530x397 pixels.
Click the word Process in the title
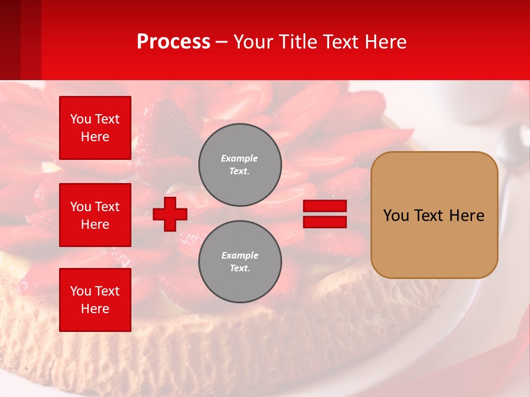(x=173, y=41)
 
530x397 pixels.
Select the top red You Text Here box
(x=95, y=128)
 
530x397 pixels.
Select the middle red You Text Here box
(x=95, y=215)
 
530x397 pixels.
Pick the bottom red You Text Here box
(x=95, y=300)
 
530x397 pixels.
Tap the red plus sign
(x=170, y=214)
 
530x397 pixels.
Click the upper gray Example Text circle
(x=240, y=165)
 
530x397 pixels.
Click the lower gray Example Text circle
(x=240, y=262)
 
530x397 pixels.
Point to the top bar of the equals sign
(x=325, y=206)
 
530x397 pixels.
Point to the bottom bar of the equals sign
(x=325, y=222)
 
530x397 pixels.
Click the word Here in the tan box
(x=467, y=216)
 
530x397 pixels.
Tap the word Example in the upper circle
(x=240, y=158)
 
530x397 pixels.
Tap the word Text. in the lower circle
(x=240, y=269)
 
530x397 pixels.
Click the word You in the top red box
(x=80, y=119)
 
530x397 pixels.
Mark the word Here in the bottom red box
(x=95, y=309)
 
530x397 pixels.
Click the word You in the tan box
(x=396, y=216)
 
